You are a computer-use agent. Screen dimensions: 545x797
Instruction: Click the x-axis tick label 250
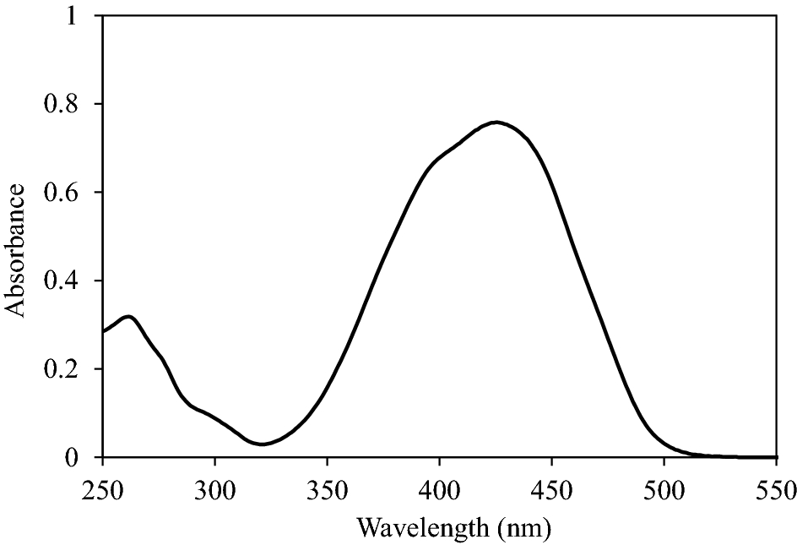pyautogui.click(x=102, y=489)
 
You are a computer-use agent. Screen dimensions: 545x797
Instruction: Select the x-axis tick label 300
pyautogui.click(x=214, y=489)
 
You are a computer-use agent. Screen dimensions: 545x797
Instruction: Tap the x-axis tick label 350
pyautogui.click(x=327, y=489)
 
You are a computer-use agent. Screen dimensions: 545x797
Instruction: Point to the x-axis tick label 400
pyautogui.click(x=439, y=489)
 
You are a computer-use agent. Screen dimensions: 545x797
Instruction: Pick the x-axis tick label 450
pyautogui.click(x=551, y=489)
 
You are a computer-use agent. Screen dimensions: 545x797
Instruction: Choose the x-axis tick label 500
pyautogui.click(x=664, y=489)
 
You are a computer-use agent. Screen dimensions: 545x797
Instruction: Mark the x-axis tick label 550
pyautogui.click(x=775, y=489)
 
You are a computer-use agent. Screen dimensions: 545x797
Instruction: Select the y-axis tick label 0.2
pyautogui.click(x=69, y=369)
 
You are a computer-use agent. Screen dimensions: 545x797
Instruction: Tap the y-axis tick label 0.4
pyautogui.click(x=69, y=281)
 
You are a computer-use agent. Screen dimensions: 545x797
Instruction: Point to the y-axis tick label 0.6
pyautogui.click(x=69, y=193)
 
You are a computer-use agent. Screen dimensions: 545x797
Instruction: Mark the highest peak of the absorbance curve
pyautogui.click(x=496, y=122)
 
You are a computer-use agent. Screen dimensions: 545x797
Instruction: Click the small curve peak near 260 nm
pyautogui.click(x=129, y=317)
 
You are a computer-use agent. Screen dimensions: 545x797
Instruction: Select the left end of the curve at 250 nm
pyautogui.click(x=103, y=331)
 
